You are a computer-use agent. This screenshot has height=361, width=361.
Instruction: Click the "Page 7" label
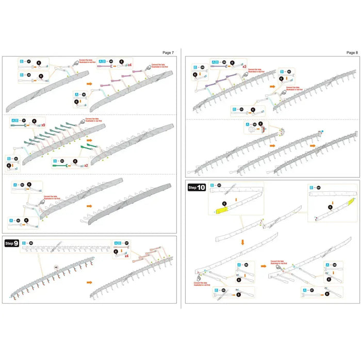[x=168, y=53]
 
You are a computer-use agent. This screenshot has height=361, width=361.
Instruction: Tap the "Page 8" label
[x=351, y=53]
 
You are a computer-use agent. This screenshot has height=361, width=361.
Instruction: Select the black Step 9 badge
[x=11, y=243]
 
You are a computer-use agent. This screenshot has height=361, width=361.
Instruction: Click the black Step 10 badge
[x=197, y=188]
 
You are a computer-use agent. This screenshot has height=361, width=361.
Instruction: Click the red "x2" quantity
[x=86, y=166]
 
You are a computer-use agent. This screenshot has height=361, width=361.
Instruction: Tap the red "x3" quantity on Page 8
[x=244, y=67]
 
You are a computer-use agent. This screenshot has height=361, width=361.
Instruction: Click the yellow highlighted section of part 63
[x=223, y=210]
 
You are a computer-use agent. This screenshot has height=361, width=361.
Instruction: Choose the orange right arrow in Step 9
[x=90, y=283]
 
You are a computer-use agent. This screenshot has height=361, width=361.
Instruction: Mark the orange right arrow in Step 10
[x=264, y=267]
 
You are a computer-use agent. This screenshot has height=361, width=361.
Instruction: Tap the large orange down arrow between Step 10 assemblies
[x=241, y=241]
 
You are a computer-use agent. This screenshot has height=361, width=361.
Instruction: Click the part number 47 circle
[x=29, y=61]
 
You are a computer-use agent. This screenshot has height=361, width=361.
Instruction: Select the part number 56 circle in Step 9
[x=30, y=243]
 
